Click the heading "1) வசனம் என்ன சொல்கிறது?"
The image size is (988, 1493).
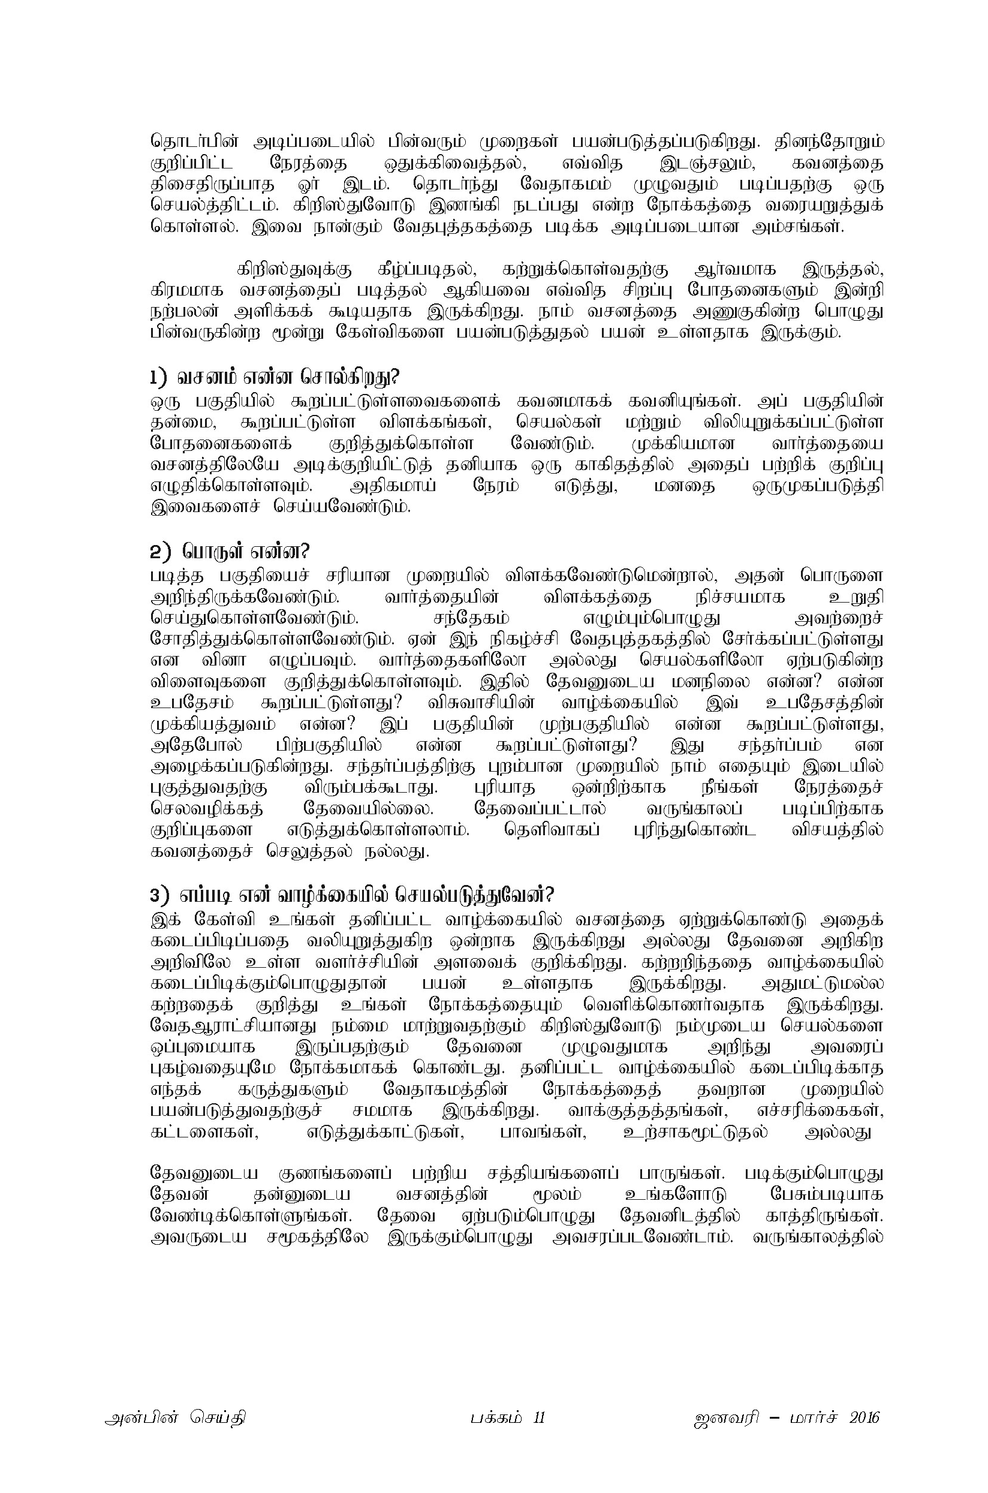(275, 378)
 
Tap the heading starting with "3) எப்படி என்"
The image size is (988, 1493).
(351, 895)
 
